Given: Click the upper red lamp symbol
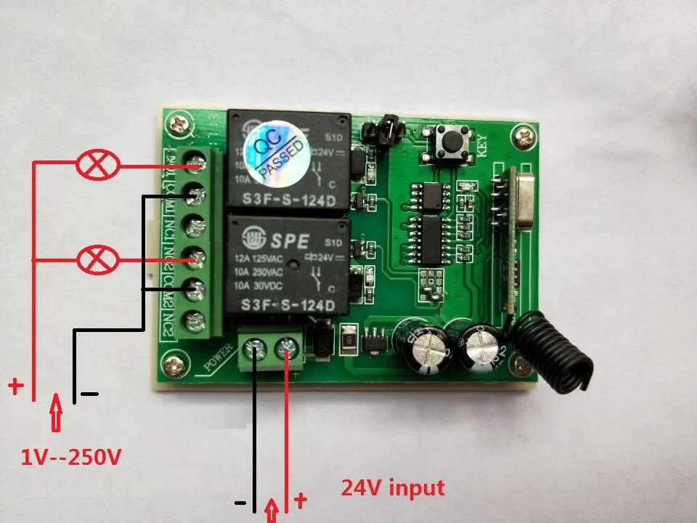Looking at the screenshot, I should click(98, 166).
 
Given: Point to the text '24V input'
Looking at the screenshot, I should click(393, 487).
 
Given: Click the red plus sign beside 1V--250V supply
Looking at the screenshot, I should click(15, 385).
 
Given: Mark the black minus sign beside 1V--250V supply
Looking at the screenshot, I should click(89, 394).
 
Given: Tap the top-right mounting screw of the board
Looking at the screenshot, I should click(522, 134).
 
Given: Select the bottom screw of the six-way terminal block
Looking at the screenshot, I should click(194, 319).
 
